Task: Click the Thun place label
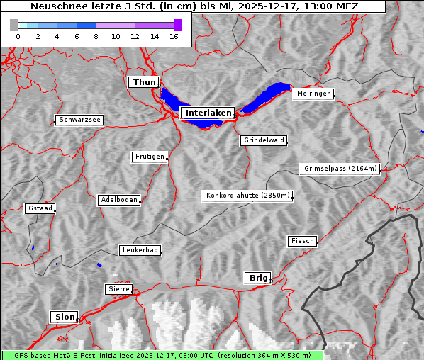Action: pyautogui.click(x=144, y=83)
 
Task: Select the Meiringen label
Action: pyautogui.click(x=313, y=94)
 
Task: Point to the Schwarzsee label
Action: pyautogui.click(x=80, y=120)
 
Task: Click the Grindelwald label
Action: pyautogui.click(x=264, y=140)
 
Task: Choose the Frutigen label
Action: pyautogui.click(x=150, y=157)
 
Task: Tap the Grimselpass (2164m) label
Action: pyautogui.click(x=340, y=169)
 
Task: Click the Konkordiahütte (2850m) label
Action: pyautogui.click(x=247, y=196)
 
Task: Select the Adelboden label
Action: pyautogui.click(x=119, y=200)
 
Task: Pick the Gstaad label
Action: pyautogui.click(x=40, y=208)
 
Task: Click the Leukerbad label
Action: pyautogui.click(x=140, y=250)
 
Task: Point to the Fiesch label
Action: pyautogui.click(x=302, y=241)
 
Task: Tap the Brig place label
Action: pyautogui.click(x=257, y=278)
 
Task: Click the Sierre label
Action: pyautogui.click(x=118, y=289)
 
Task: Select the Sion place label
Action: pyautogui.click(x=64, y=317)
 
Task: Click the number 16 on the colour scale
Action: pyautogui.click(x=174, y=37)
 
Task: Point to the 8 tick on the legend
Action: pyautogui.click(x=96, y=37)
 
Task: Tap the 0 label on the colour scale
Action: pyautogui.click(x=18, y=37)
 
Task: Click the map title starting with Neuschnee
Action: pyautogui.click(x=194, y=6)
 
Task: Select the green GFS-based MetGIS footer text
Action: pyautogui.click(x=162, y=355)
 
